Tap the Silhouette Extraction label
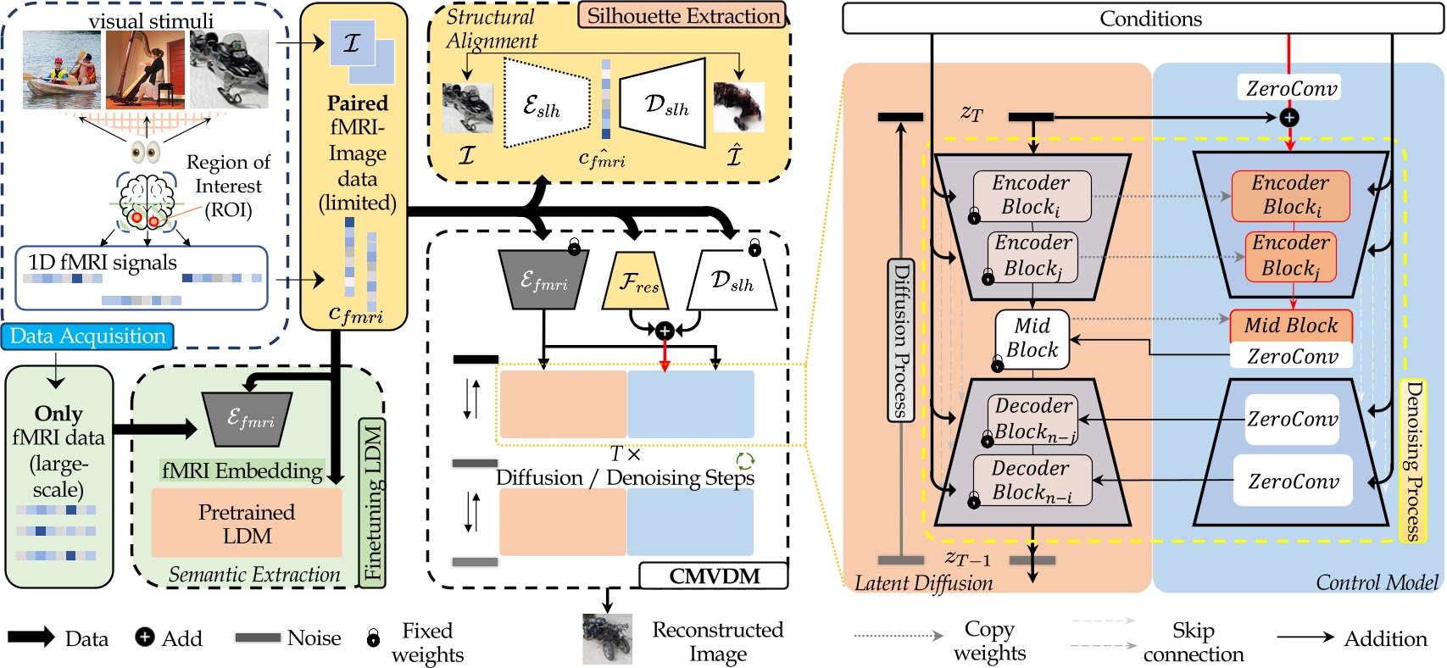coord(682,16)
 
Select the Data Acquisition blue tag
coord(88,337)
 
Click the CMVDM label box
coord(714,576)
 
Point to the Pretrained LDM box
coord(247,524)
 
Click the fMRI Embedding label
coord(242,470)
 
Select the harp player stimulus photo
coord(145,70)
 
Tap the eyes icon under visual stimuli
coord(146,152)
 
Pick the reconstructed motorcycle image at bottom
coord(607,639)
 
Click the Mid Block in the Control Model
coord(1290,326)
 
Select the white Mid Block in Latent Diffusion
coord(1032,338)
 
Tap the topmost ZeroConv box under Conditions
coord(1290,88)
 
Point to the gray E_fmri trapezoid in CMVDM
coord(543,281)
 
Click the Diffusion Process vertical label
coord(900,340)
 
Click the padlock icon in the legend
coord(373,638)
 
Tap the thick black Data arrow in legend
coord(31,638)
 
